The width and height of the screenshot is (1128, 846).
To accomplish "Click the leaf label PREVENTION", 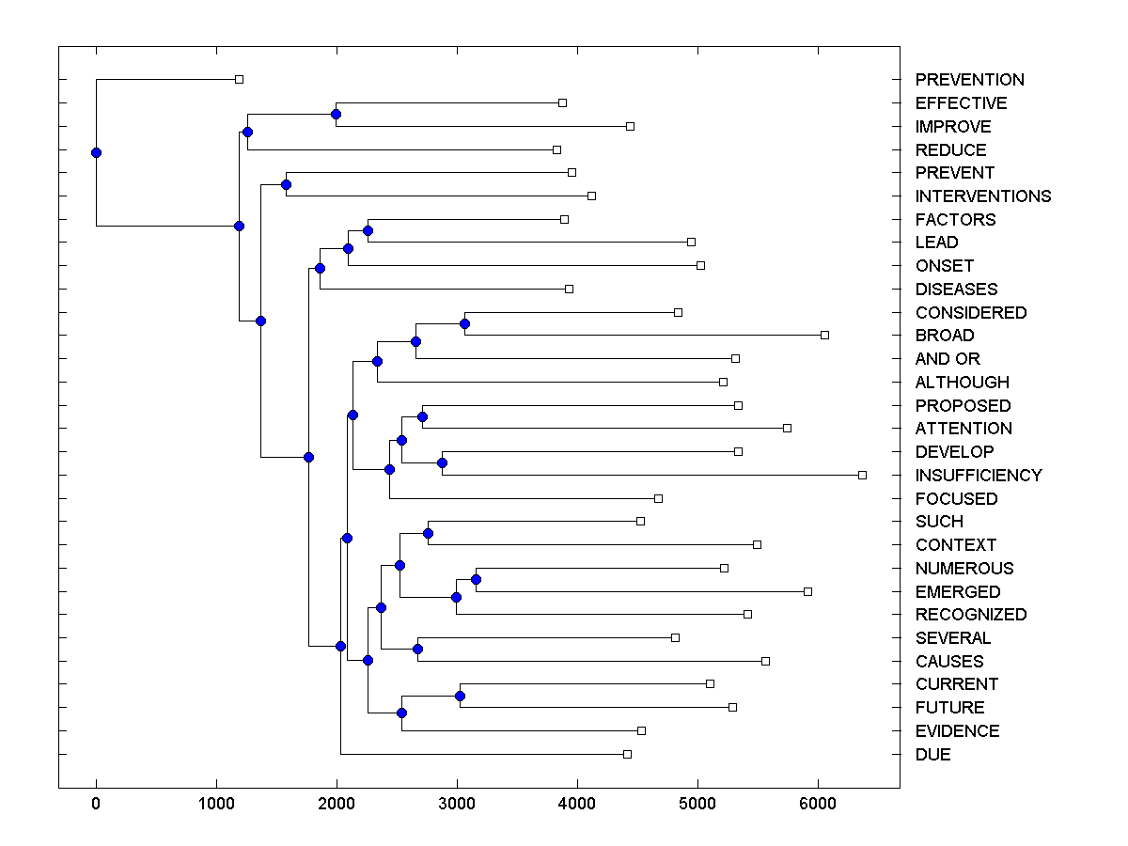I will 969,80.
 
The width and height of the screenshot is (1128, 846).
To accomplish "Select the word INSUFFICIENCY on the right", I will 978,475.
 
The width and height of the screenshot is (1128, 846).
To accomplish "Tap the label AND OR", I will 947,358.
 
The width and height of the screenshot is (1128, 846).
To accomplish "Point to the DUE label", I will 932,754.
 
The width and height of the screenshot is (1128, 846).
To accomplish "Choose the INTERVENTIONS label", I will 982,196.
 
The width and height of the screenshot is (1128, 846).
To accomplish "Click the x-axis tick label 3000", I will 457,804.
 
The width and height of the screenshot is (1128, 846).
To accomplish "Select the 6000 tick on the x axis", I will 818,804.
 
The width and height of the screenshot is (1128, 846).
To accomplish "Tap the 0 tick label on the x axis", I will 96,804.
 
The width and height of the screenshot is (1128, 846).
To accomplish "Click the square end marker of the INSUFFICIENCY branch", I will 862,475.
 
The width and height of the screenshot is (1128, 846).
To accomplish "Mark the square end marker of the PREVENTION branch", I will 239,80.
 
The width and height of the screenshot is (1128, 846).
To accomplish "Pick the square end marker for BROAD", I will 824,335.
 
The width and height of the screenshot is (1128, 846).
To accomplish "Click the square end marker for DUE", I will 627,754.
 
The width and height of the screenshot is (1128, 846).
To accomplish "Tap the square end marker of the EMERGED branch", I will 807,591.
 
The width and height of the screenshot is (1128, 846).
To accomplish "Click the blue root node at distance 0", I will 96,152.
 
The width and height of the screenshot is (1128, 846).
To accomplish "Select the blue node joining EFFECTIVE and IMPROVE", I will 336,114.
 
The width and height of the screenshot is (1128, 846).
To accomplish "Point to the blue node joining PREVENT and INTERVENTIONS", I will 286,184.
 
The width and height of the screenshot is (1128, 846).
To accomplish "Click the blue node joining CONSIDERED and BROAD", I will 464,323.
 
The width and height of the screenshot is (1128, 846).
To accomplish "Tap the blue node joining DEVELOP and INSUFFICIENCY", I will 442,462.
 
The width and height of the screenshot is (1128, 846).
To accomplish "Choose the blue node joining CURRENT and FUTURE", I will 460,696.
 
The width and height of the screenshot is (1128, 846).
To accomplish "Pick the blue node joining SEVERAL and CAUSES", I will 417,649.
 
